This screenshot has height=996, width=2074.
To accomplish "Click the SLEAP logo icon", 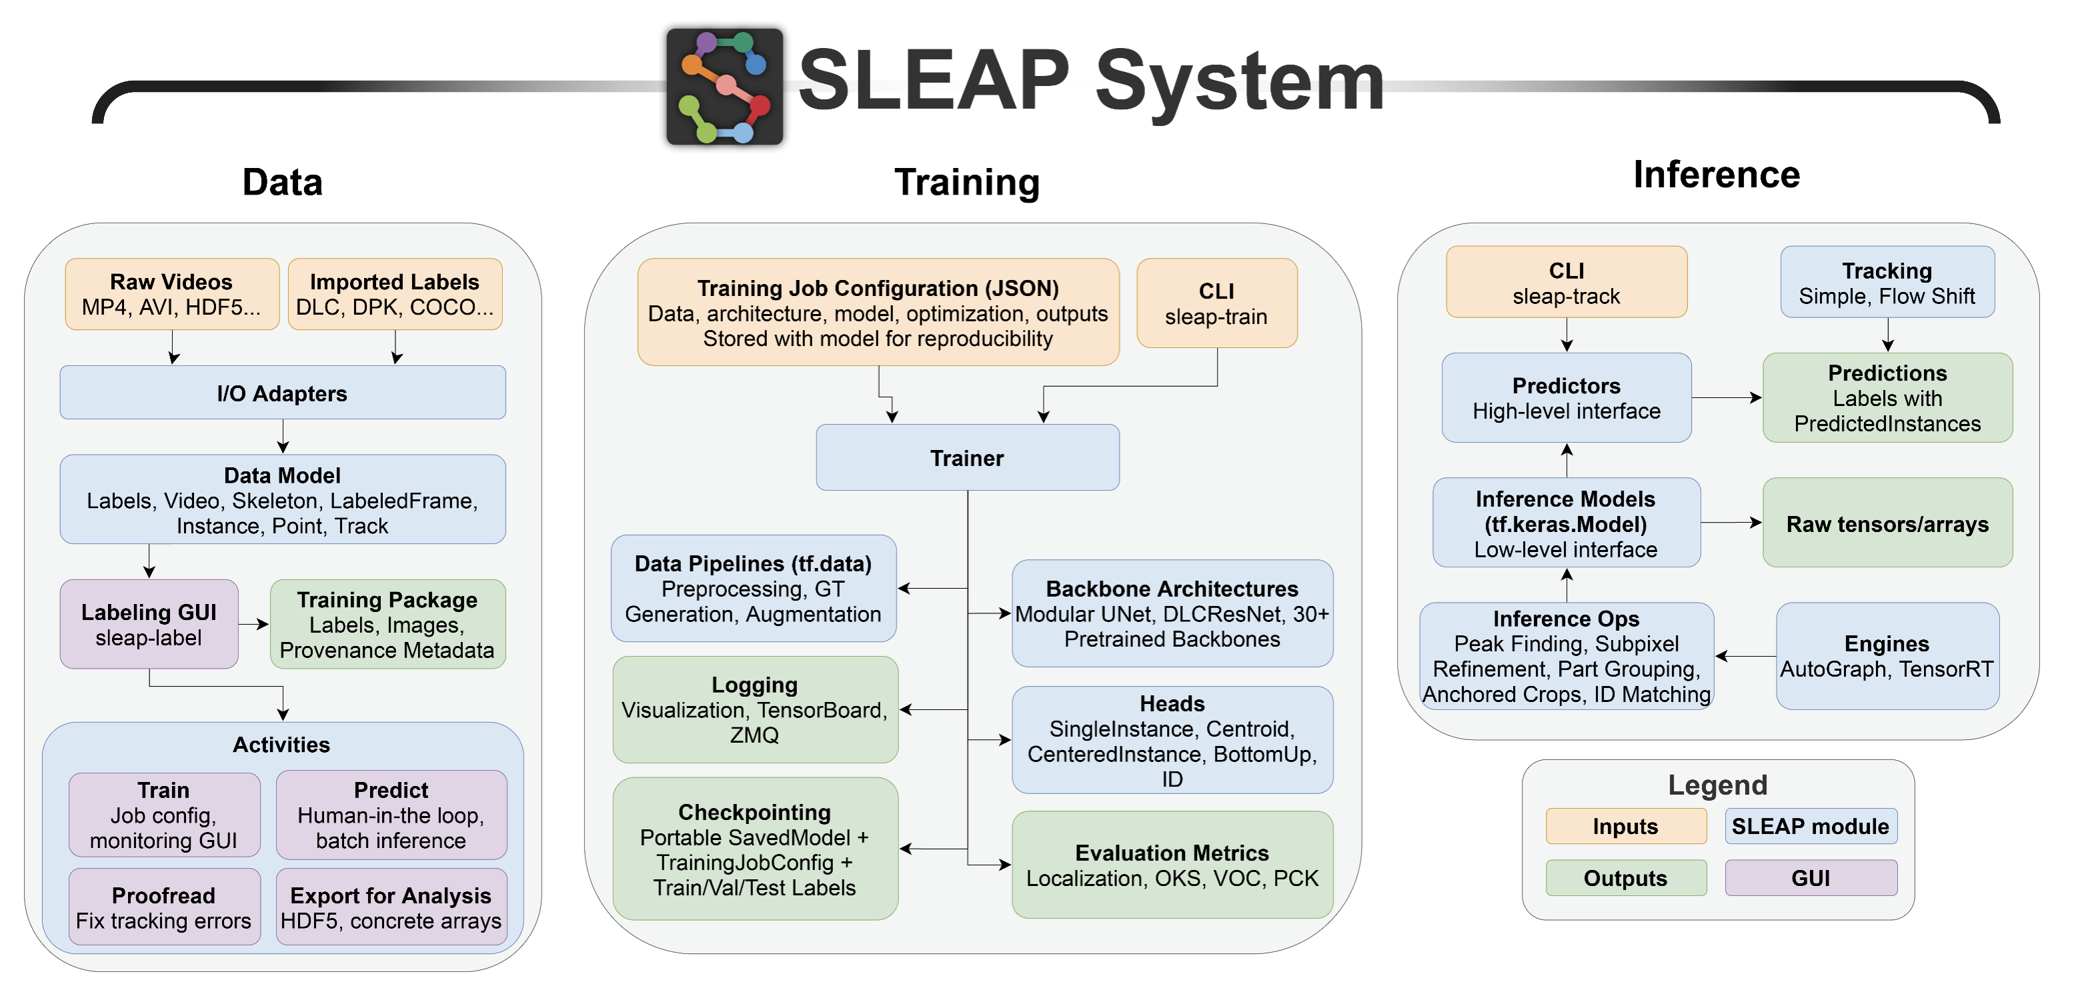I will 724,86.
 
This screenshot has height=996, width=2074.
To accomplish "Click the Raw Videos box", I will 171,294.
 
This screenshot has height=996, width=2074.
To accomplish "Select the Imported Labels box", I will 395,294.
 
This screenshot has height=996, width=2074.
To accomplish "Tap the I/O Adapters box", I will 283,393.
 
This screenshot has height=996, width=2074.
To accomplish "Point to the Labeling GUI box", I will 149,624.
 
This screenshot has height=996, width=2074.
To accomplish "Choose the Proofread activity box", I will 164,907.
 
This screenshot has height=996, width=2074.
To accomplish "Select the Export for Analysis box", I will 391,907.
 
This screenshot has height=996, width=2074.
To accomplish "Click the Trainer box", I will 967,457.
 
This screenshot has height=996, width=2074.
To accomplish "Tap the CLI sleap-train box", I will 1216,303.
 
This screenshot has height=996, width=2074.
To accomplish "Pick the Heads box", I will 1172,740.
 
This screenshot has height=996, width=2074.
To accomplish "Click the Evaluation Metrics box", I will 1172,865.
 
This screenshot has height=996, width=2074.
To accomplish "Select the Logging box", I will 754,709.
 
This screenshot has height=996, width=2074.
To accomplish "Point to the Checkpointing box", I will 754,849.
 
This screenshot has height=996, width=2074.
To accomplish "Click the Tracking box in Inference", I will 1887,283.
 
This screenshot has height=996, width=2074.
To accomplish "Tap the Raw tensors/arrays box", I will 1887,523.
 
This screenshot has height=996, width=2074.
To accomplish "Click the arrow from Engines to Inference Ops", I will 1745,656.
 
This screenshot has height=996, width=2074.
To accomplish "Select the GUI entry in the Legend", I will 1810,877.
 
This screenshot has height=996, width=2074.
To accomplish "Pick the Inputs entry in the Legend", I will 1625,826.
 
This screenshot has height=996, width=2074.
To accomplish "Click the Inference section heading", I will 1716,175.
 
